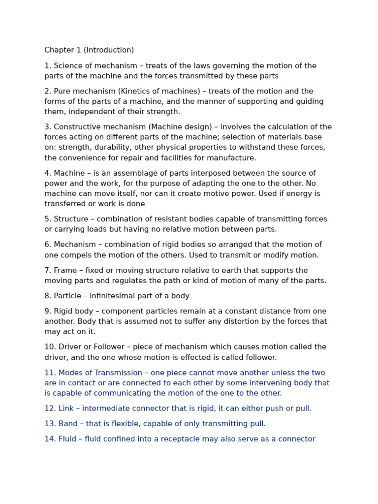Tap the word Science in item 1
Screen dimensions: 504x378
point(68,66)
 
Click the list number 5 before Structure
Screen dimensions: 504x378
point(47,219)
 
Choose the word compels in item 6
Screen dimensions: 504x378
point(80,255)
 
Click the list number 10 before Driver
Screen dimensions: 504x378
point(49,347)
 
